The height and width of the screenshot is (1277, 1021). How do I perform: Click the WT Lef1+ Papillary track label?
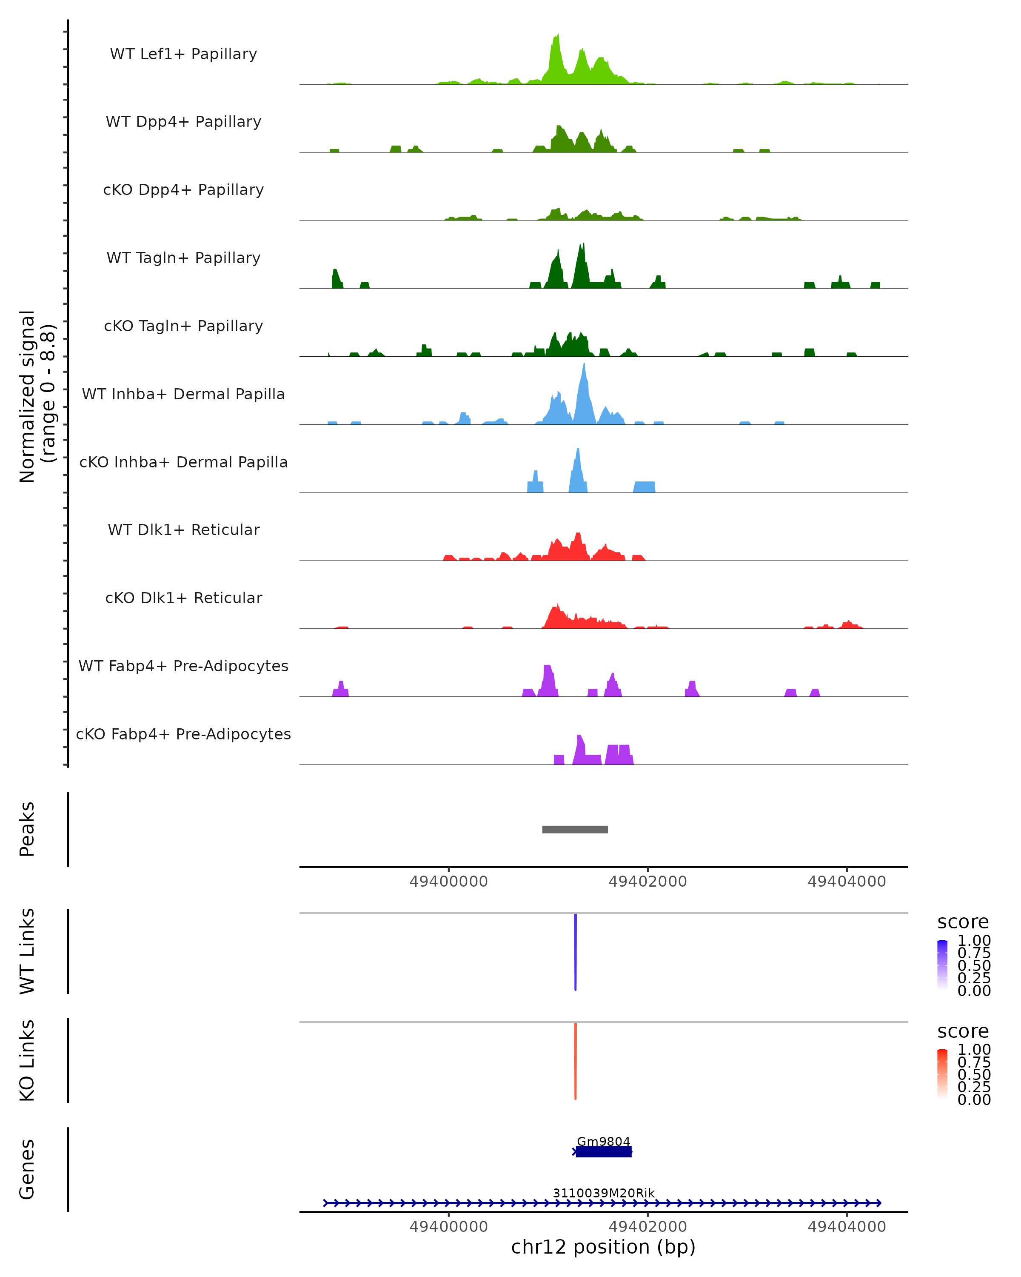tap(183, 54)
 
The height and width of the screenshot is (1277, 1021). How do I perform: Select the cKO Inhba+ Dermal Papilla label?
tap(183, 462)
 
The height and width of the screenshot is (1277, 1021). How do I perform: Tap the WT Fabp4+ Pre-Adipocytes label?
tap(183, 666)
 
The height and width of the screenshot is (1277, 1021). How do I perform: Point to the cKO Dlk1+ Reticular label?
tap(183, 598)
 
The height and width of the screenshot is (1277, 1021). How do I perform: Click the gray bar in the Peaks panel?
tap(575, 829)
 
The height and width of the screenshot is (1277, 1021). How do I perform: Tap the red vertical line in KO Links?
tap(575, 1061)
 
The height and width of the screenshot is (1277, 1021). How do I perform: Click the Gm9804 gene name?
tap(603, 1141)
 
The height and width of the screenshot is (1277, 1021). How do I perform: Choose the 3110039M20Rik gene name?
tap(603, 1193)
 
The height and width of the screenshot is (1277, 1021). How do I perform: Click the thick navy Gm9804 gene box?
tap(604, 1151)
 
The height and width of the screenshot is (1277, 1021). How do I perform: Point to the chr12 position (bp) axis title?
tap(603, 1247)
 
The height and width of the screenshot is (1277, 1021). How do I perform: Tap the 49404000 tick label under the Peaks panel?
tap(847, 882)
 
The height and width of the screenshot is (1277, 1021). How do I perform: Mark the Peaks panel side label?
tap(27, 829)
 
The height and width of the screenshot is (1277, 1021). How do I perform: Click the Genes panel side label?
tap(27, 1169)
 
